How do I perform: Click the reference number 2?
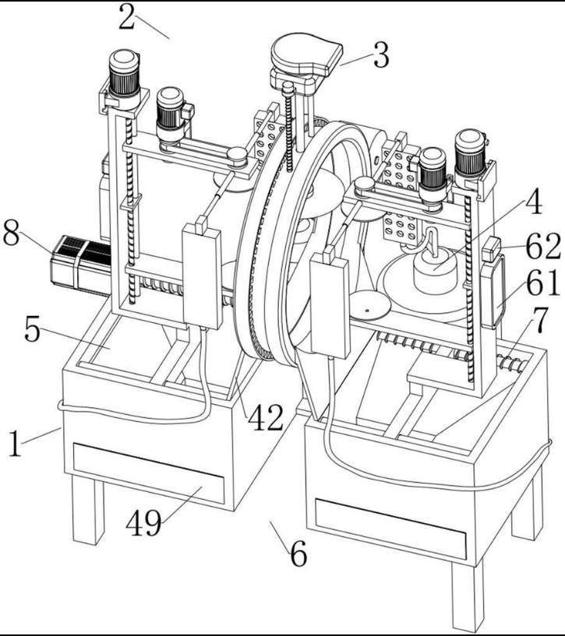[x=126, y=17]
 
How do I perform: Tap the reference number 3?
[x=381, y=55]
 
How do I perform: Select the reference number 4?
[x=534, y=201]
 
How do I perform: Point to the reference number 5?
[x=33, y=330]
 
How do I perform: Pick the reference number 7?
[x=540, y=320]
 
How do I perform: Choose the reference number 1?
[x=15, y=444]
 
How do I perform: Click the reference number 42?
[x=266, y=418]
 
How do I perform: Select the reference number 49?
[x=144, y=523]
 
